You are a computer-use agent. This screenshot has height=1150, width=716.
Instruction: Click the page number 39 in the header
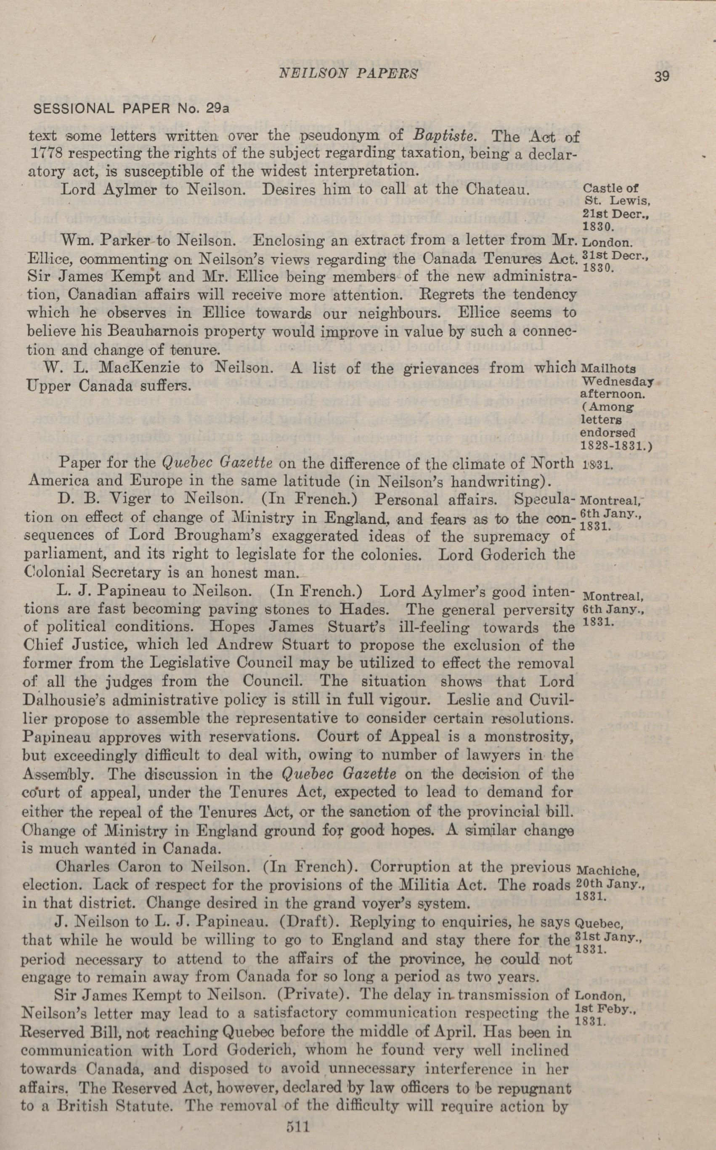[662, 76]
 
